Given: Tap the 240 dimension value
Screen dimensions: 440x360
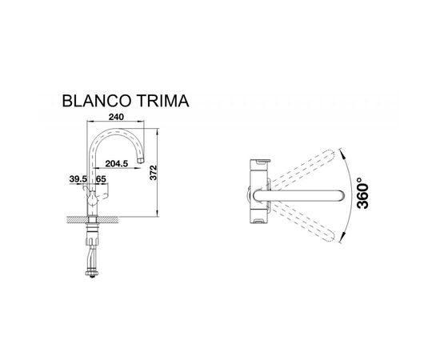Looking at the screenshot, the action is (116, 117).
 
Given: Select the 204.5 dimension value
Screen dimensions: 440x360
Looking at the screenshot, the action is (117, 163).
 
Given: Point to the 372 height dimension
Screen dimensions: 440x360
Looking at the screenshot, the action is (154, 173).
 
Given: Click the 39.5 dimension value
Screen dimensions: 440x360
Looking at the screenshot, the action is (78, 179).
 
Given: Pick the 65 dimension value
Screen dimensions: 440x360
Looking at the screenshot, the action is (101, 179).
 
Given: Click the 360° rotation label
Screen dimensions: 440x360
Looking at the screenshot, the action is (362, 193).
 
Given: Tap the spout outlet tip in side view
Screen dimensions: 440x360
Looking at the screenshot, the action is (141, 161).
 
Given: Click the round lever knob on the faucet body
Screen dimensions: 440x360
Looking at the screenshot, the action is (92, 201).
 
